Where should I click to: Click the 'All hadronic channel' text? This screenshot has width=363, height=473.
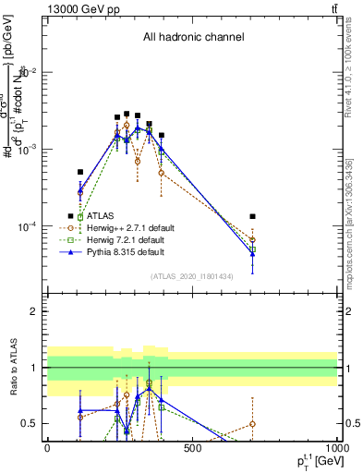point(193,38)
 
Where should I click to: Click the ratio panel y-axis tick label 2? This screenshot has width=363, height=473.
point(35,311)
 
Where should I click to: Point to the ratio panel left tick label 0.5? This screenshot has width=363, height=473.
point(30,423)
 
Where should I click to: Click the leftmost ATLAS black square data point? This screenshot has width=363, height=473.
point(81,172)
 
